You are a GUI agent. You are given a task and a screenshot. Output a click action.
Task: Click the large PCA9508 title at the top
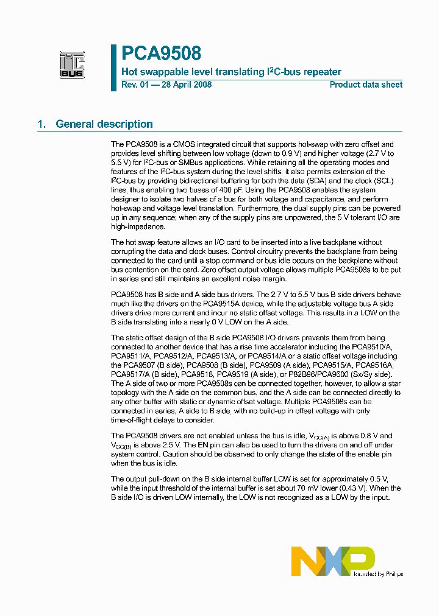tap(161, 54)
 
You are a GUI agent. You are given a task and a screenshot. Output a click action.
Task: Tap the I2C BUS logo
tap(72, 65)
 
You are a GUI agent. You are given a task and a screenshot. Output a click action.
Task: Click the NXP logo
tap(332, 561)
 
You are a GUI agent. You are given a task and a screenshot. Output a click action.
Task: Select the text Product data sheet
tap(366, 85)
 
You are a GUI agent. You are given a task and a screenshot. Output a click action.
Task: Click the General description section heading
tap(104, 124)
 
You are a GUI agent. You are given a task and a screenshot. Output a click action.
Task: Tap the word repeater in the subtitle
tap(321, 72)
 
